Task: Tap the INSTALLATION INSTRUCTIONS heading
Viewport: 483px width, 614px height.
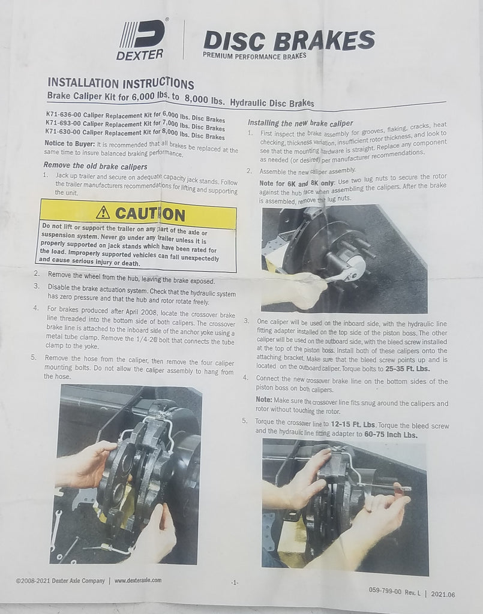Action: click(x=121, y=83)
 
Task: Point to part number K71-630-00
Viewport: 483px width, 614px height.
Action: click(x=63, y=132)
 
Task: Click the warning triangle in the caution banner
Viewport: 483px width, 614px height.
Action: click(x=103, y=212)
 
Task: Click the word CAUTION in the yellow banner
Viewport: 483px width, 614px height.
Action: click(x=150, y=214)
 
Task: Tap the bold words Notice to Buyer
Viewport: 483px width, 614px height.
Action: click(x=70, y=143)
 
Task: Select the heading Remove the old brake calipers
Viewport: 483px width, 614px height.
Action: click(x=95, y=166)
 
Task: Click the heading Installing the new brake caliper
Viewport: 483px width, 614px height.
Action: click(x=301, y=123)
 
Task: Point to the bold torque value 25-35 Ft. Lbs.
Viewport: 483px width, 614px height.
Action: click(x=407, y=369)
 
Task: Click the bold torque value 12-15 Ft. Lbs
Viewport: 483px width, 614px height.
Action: click(x=353, y=425)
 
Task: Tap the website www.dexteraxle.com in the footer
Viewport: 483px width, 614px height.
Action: click(x=138, y=580)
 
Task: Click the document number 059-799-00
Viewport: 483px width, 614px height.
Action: click(x=385, y=591)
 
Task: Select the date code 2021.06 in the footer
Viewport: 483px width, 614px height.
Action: click(x=443, y=594)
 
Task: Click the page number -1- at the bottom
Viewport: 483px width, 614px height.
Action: click(x=234, y=583)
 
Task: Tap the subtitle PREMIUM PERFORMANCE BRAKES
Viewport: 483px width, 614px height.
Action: click(x=254, y=56)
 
